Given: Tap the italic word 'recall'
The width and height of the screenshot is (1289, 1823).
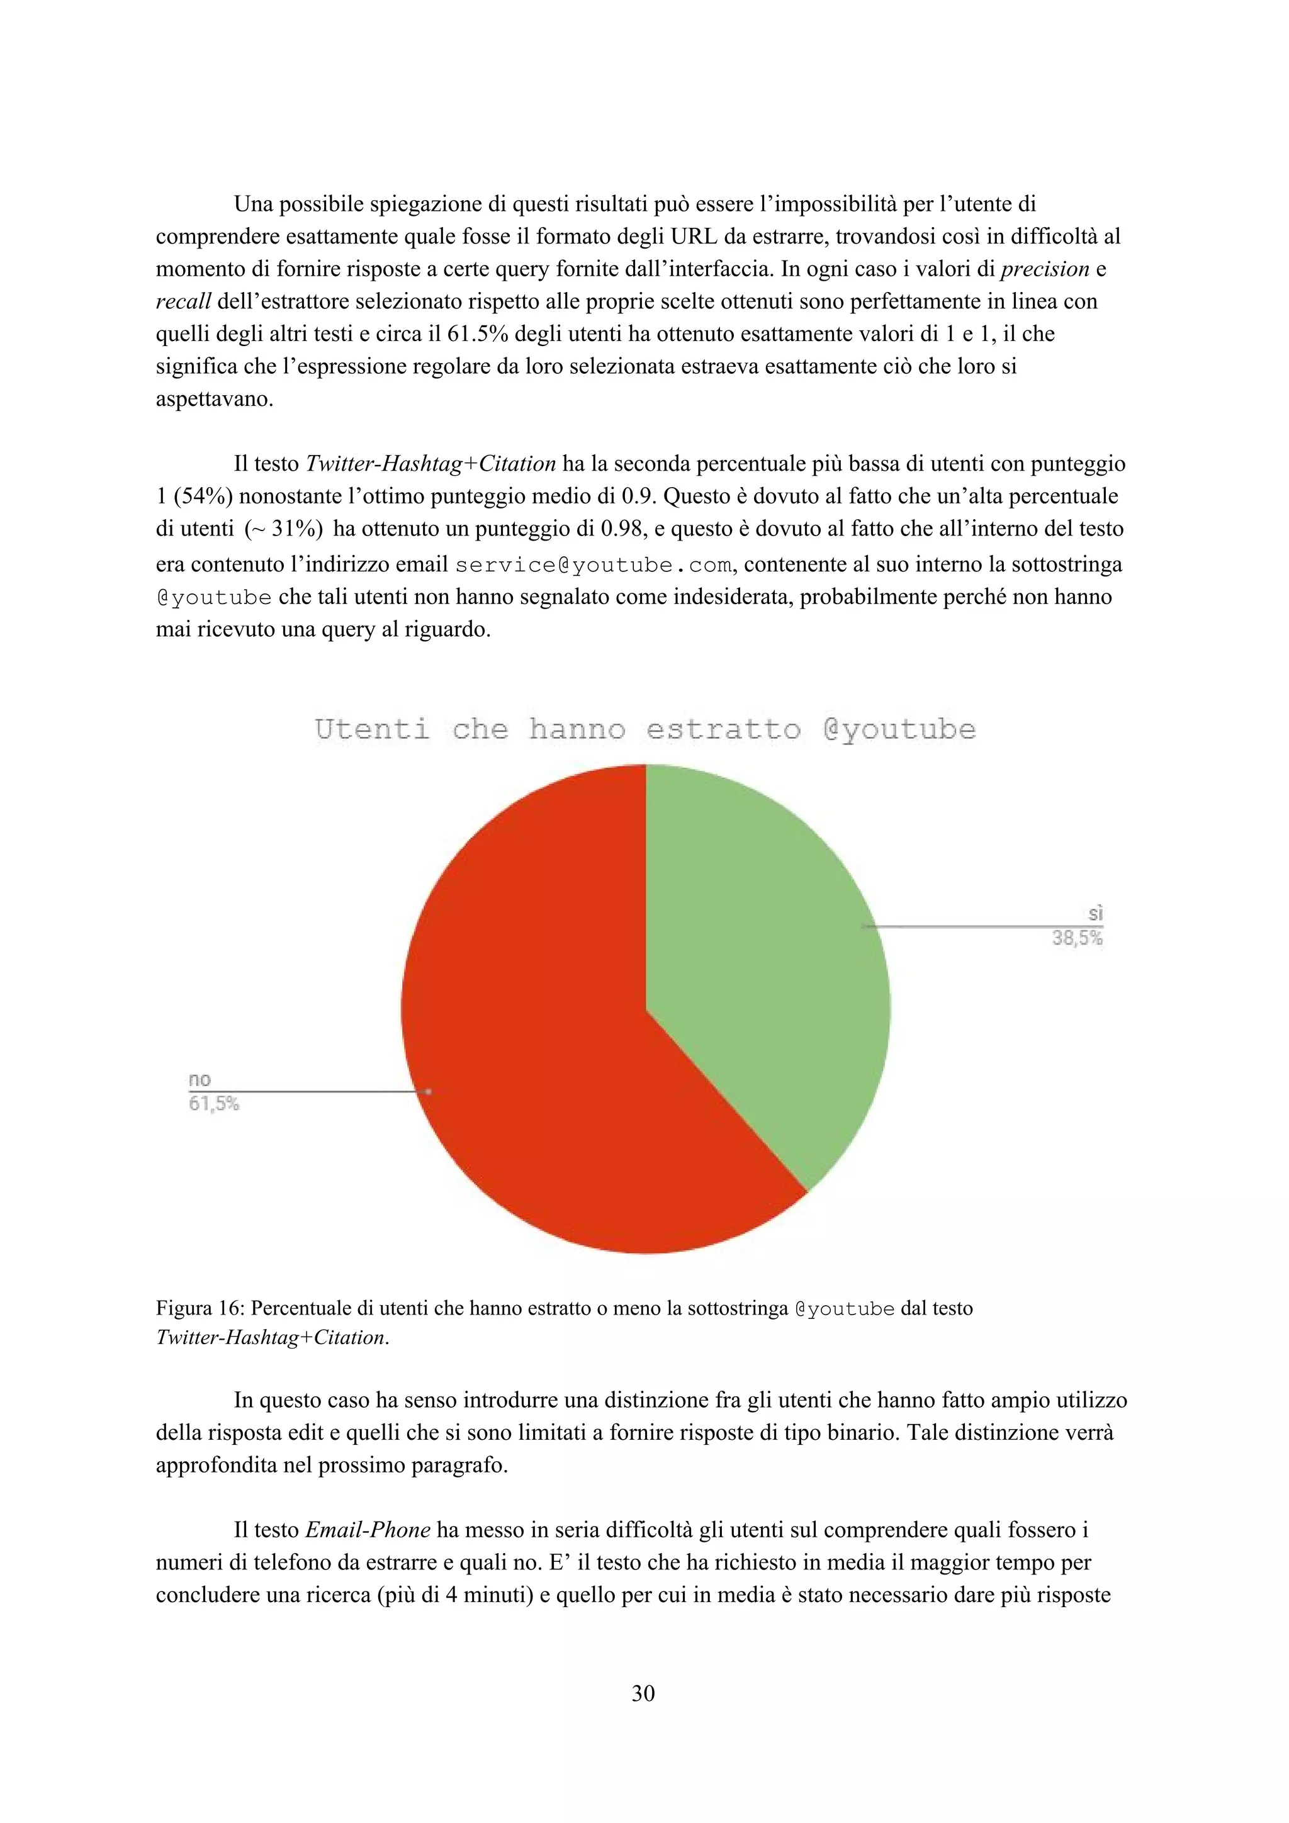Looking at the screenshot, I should click(x=183, y=301).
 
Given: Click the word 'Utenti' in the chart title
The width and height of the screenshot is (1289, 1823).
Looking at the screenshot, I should click(x=372, y=729).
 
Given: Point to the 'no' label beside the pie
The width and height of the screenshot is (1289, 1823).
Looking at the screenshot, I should click(x=200, y=1080).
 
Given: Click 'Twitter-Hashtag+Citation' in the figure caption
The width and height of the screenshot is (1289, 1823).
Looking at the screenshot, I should click(x=273, y=1338).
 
